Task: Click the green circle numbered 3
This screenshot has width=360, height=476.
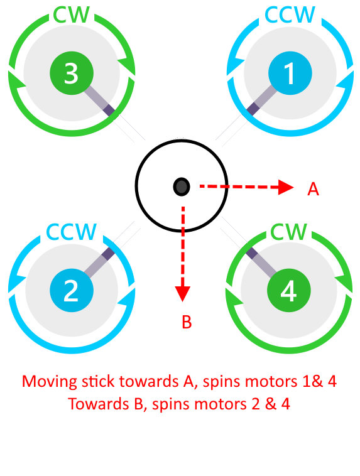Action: pos(72,73)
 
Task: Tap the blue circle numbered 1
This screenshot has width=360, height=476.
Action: pos(290,73)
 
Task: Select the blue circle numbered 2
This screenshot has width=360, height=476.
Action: pos(72,290)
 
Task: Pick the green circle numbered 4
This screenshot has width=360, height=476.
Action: pos(288,290)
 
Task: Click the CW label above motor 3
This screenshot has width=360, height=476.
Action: pos(72,14)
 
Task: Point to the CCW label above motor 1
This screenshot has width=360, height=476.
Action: pos(290,14)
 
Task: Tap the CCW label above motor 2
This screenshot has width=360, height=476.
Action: pos(72,232)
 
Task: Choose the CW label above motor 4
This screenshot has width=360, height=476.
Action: pos(288,232)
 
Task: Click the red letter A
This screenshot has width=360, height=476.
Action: pos(314,189)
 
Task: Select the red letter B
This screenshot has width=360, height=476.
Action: pos(187,322)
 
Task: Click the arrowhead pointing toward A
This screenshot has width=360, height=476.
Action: pos(286,187)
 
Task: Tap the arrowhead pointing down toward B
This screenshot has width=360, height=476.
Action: pos(183,294)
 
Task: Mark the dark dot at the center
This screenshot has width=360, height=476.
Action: pos(182,187)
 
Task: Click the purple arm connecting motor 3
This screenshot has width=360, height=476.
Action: pos(99,100)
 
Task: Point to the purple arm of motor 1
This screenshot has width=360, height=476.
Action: pos(261,100)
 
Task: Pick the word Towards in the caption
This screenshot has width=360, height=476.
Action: pos(99,404)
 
